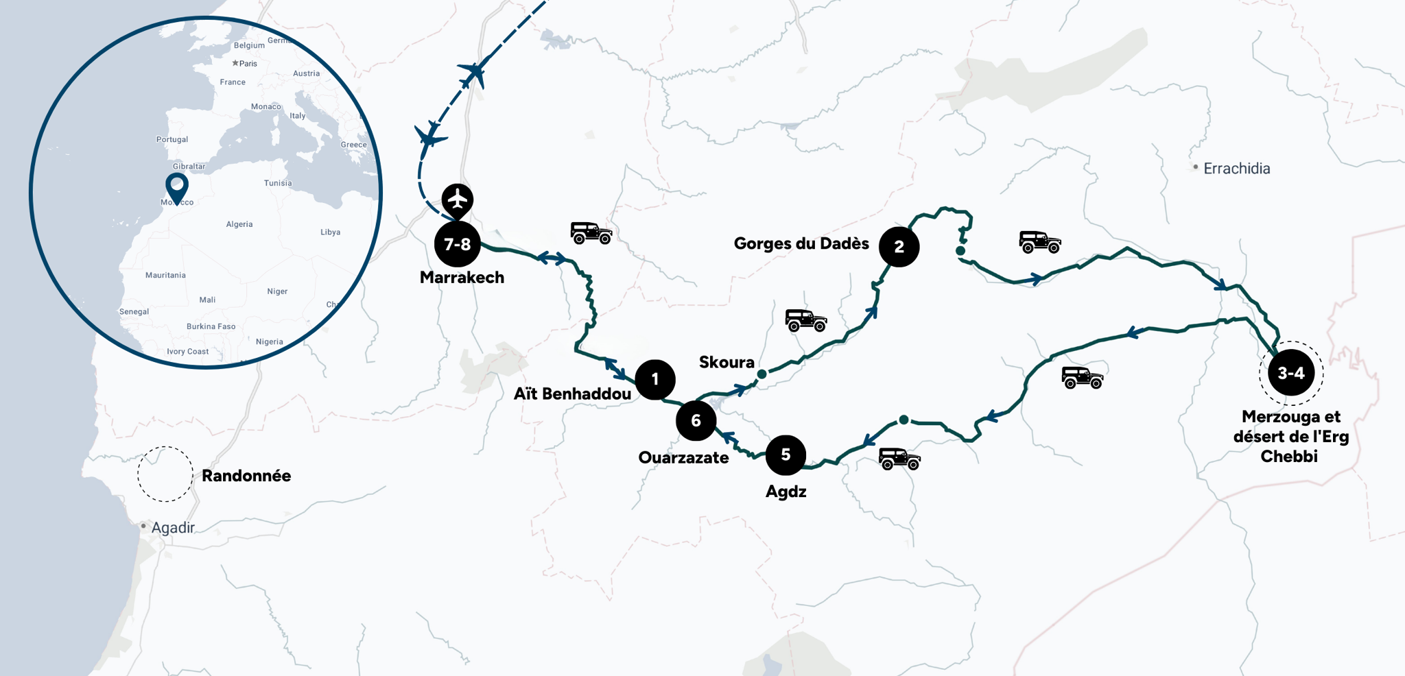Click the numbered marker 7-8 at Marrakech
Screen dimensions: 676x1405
click(x=458, y=244)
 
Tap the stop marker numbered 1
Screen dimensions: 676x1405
click(x=655, y=379)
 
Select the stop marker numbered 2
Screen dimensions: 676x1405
click(x=899, y=247)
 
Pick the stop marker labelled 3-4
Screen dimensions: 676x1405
click(x=1290, y=373)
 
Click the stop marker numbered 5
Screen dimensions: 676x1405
click(x=786, y=455)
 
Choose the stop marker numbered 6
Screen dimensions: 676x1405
click(x=696, y=420)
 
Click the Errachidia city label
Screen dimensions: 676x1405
click(x=1236, y=169)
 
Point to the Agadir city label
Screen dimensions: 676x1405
click(x=173, y=527)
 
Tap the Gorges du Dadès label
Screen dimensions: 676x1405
click(x=801, y=243)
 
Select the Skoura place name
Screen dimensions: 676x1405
click(x=727, y=362)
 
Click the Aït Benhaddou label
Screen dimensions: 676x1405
click(x=572, y=394)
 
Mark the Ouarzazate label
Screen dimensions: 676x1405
click(x=683, y=457)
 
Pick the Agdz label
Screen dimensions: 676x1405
click(x=786, y=492)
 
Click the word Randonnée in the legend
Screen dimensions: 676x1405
click(x=246, y=476)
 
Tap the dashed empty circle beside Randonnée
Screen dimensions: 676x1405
click(x=165, y=474)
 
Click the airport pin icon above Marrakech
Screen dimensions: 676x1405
click(x=458, y=200)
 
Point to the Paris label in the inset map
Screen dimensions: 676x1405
click(x=248, y=64)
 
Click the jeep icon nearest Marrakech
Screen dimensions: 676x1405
click(x=591, y=233)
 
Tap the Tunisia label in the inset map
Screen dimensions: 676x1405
click(x=278, y=183)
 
